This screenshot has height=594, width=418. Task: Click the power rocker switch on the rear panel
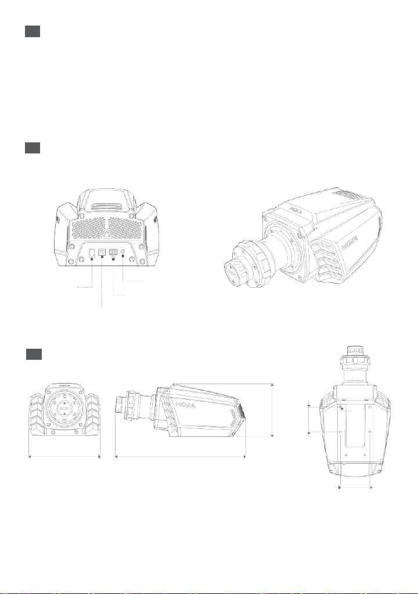[x=92, y=253]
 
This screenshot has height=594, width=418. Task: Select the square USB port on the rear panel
[x=102, y=252]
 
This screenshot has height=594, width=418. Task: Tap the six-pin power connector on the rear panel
[x=113, y=253]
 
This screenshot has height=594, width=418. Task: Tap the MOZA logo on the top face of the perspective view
[x=295, y=207]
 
